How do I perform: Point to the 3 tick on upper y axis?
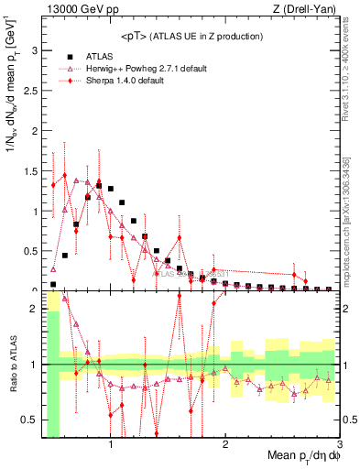[x=35, y=52]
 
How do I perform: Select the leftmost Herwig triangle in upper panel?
[x=53, y=270]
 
